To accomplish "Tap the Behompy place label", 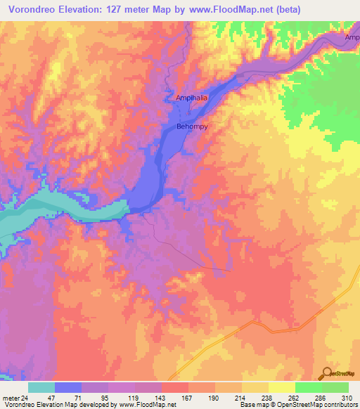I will click(191, 128).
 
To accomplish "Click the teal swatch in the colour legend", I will click(41, 387).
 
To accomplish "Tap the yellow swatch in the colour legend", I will click(282, 387).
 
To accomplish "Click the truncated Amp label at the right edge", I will click(352, 37).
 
